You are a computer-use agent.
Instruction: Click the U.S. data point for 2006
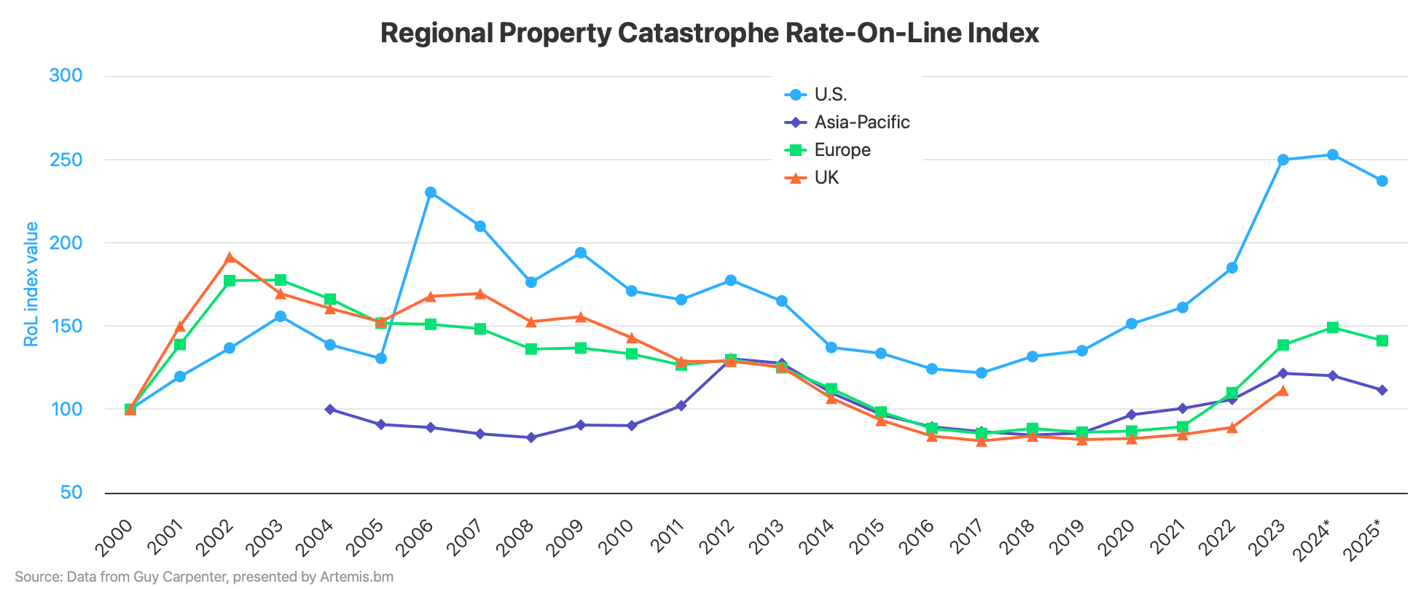(431, 192)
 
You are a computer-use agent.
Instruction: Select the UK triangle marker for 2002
(230, 257)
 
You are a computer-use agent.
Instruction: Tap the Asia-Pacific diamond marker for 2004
(330, 410)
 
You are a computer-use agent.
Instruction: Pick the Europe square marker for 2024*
(1333, 327)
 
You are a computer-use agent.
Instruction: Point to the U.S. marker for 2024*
(1333, 155)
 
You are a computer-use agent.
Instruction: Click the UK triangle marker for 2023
(1283, 391)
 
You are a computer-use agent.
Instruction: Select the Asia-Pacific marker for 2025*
(1382, 390)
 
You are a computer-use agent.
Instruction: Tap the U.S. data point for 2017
(982, 372)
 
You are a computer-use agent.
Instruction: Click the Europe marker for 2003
(281, 280)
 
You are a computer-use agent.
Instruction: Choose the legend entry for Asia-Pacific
(861, 122)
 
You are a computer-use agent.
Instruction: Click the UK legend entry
(826, 178)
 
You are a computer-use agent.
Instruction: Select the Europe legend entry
(842, 150)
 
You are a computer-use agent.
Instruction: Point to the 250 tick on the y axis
(65, 160)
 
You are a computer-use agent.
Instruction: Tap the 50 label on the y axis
(71, 493)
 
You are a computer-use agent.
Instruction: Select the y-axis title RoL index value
(31, 284)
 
